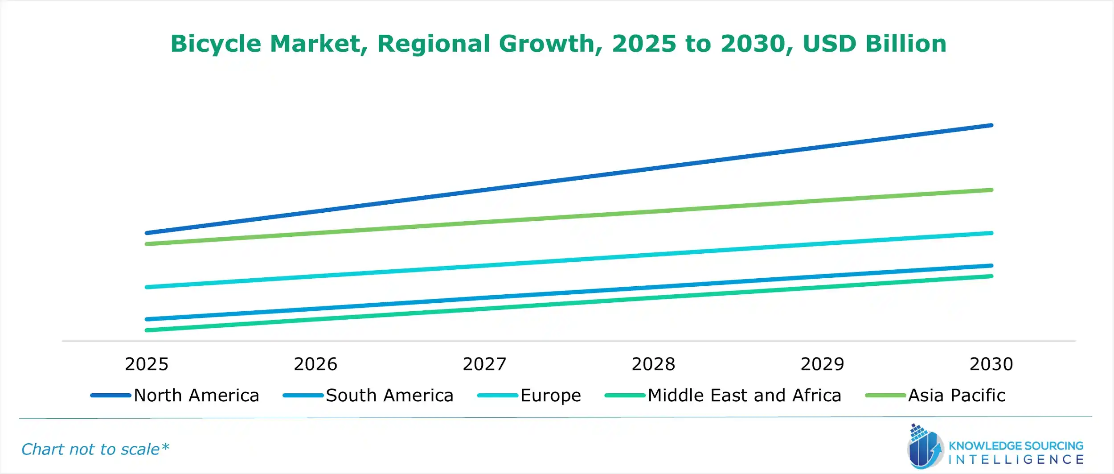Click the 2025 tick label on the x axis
[x=147, y=364]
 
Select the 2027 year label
[x=484, y=364]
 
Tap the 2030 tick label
[x=991, y=364]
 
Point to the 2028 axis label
[x=653, y=364]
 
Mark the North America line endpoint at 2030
[x=991, y=125]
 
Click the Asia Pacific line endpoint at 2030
[x=991, y=190]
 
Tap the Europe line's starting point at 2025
[x=147, y=287]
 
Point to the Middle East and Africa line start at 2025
[x=147, y=330]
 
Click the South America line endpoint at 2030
[x=991, y=266]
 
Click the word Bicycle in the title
[x=216, y=44]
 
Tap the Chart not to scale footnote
[x=95, y=449]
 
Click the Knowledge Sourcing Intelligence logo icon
[x=924, y=447]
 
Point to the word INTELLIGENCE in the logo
[x=1016, y=460]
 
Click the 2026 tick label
[x=315, y=364]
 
